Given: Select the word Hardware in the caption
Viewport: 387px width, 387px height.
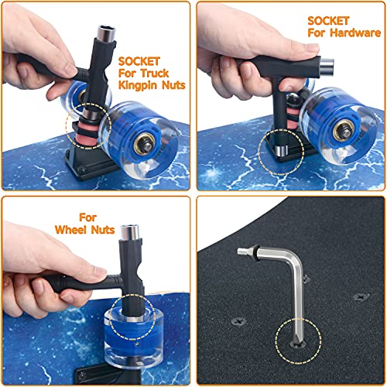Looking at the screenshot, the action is [355, 33].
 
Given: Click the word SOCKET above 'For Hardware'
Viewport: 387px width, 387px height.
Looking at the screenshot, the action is [328, 21].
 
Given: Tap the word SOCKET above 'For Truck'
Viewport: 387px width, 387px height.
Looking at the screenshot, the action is [139, 61].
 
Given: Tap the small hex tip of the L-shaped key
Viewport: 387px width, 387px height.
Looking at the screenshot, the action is [242, 251].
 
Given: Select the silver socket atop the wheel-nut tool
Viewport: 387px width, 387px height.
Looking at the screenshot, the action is [130, 232].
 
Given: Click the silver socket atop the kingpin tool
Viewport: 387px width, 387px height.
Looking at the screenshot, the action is [106, 33].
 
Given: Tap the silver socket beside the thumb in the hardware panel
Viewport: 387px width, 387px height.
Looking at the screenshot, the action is [327, 63].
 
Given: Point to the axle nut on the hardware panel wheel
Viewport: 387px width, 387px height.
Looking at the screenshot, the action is [344, 131].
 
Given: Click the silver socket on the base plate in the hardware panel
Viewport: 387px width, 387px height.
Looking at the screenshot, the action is [280, 150].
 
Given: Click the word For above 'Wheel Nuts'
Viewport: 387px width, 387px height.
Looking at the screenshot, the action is [87, 217].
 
